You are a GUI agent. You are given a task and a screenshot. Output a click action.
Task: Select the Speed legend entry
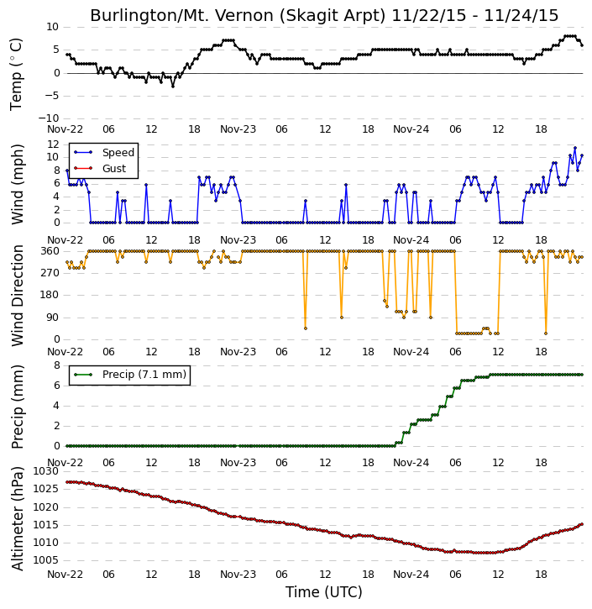coord(118,153)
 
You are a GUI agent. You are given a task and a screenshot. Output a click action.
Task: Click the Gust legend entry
coord(113,169)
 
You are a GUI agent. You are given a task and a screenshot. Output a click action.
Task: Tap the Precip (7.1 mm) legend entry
coord(144,375)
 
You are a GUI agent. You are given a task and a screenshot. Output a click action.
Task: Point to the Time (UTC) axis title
coord(324,592)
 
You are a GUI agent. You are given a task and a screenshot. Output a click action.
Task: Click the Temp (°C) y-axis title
coord(16,74)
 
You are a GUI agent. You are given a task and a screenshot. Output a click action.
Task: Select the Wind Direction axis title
coord(17,296)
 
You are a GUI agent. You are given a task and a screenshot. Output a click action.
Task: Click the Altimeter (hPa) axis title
coord(17,518)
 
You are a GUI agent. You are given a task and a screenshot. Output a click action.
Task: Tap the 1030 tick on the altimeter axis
coord(46,471)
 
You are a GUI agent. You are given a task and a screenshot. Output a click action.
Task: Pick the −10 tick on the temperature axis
coord(49,118)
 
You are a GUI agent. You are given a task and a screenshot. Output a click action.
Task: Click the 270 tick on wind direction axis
coord(50,273)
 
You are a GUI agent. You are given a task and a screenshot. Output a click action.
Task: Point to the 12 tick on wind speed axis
coord(53,144)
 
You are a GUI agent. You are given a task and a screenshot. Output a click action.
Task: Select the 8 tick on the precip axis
coord(56,365)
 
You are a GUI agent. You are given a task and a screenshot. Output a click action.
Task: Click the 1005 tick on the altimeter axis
coord(46,560)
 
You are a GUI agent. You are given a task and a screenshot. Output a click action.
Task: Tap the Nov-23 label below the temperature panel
coord(238,129)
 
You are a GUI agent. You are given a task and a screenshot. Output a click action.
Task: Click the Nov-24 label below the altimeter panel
coord(411,574)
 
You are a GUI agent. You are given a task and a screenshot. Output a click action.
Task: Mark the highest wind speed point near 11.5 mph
coord(575,148)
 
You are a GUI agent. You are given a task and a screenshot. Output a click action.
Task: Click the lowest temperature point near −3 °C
coord(173,87)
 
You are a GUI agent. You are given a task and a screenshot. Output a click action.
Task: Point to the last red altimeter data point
coord(582,524)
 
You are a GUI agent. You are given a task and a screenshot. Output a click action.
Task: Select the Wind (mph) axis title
coord(17,184)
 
